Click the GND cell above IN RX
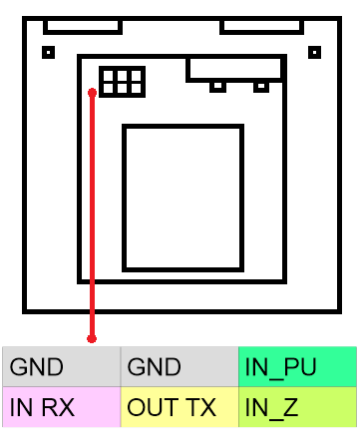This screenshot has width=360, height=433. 61,367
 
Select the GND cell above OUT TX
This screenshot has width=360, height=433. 180,367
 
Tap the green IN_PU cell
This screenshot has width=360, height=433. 297,367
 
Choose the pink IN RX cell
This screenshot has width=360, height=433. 61,406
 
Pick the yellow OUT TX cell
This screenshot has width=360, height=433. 180,406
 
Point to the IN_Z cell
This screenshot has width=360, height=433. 297,406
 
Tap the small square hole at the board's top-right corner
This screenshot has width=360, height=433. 314,52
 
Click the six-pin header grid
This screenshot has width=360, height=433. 122,82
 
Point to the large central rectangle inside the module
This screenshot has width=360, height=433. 182,198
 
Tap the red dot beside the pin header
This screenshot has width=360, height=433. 93,93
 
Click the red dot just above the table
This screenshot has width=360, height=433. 93,338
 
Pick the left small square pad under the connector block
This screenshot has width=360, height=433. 216,87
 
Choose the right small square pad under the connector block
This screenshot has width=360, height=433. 261,87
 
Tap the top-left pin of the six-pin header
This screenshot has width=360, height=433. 109,76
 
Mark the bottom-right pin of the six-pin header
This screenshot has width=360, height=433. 135,88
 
